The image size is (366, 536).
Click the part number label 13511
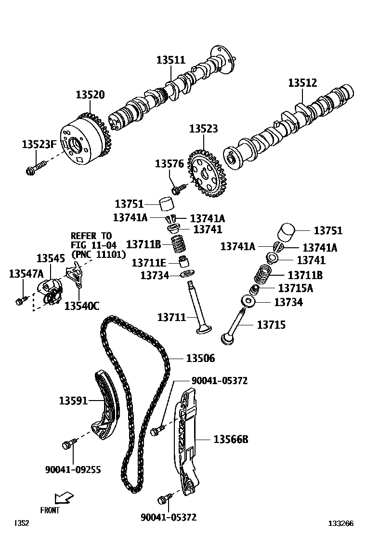170,60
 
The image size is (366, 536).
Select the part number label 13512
302,83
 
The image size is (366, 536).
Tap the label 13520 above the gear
90,95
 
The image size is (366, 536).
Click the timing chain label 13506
200,358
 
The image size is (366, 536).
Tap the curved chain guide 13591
106,405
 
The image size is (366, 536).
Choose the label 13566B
231,439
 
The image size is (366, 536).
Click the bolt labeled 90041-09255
69,444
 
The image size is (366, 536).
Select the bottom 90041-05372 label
169,517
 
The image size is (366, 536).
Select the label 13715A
295,288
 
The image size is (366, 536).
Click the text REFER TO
91,236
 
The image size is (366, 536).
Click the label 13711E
149,263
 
